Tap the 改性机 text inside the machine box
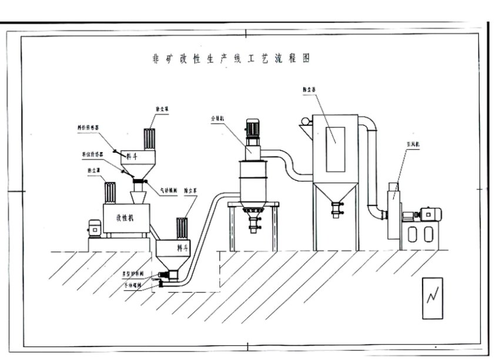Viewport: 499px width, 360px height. click(125, 217)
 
